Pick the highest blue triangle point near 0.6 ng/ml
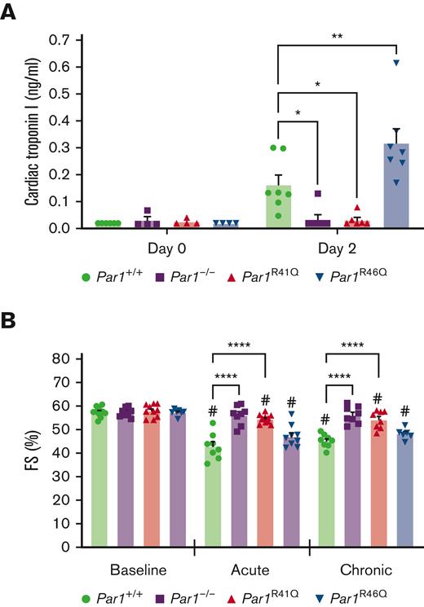(395, 63)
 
